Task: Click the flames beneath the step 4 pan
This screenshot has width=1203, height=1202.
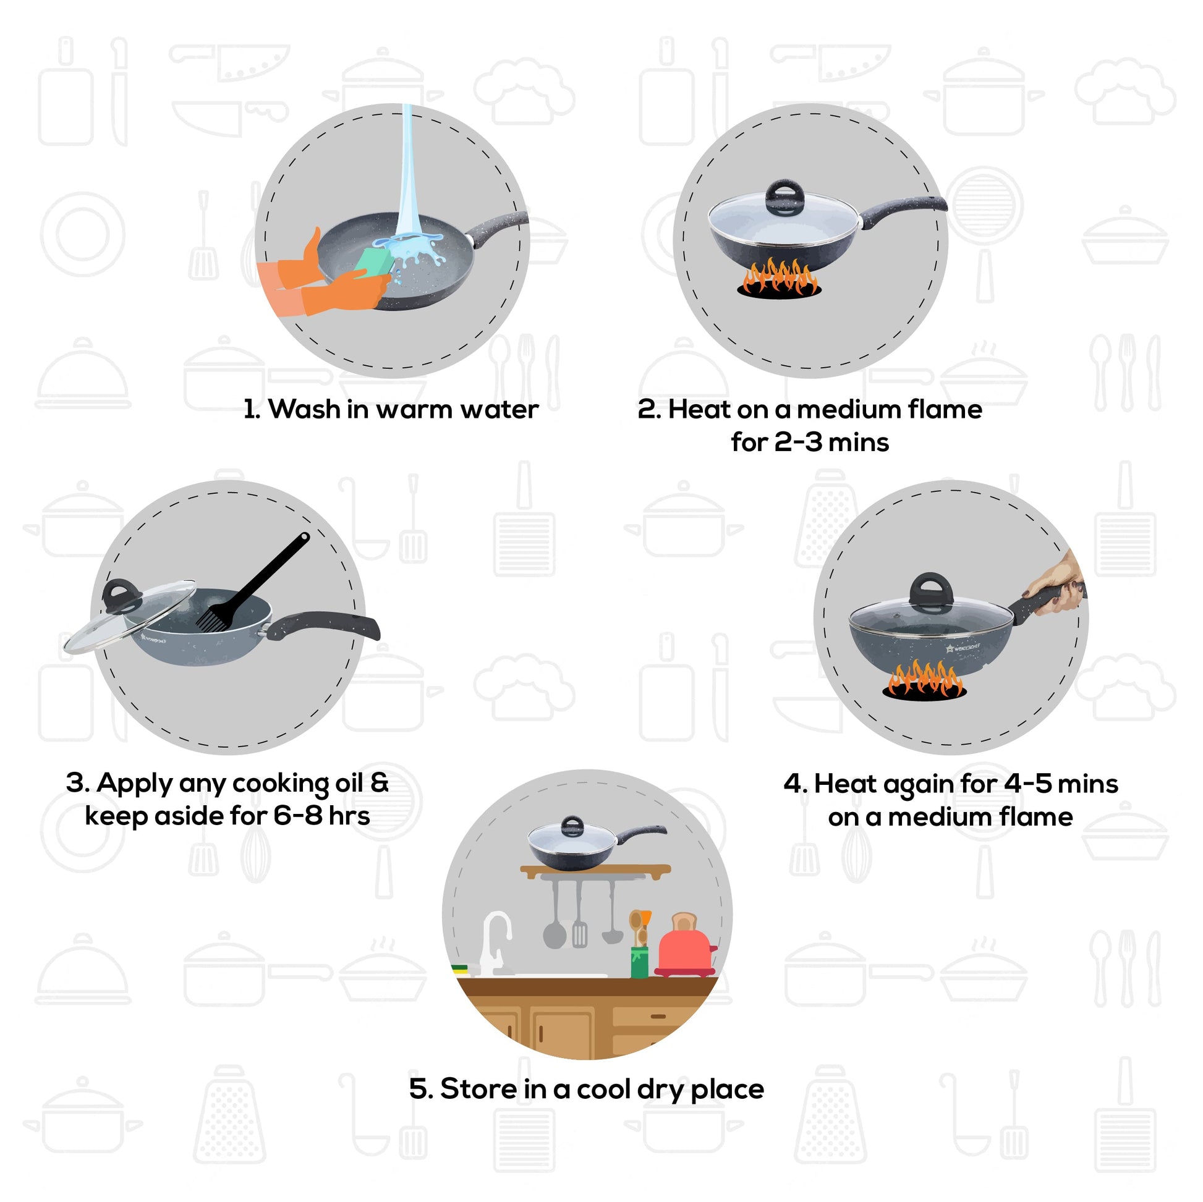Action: coord(924,680)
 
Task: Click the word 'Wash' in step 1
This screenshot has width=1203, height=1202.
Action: coord(305,410)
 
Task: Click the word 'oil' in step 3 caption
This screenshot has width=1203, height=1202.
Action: coord(348,784)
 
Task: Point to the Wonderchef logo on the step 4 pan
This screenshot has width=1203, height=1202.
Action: coord(963,648)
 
